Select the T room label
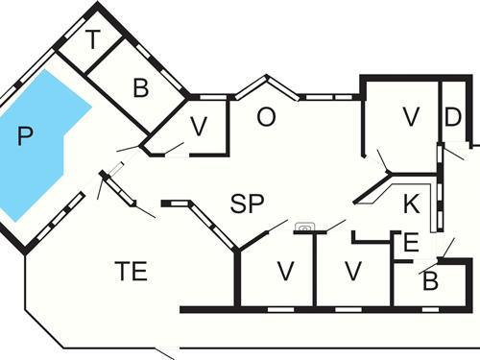coord(93,40)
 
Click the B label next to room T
coord(141,89)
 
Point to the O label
coord(267,117)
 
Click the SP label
coord(247,203)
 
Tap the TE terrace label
coord(131,272)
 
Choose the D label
coord(453,117)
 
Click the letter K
coord(411,204)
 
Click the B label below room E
coord(431,282)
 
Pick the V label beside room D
coord(411,117)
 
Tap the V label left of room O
coord(199,126)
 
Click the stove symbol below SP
coord(305,228)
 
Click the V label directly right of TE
coord(285,272)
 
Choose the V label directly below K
coord(352,272)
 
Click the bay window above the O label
coord(267,88)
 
